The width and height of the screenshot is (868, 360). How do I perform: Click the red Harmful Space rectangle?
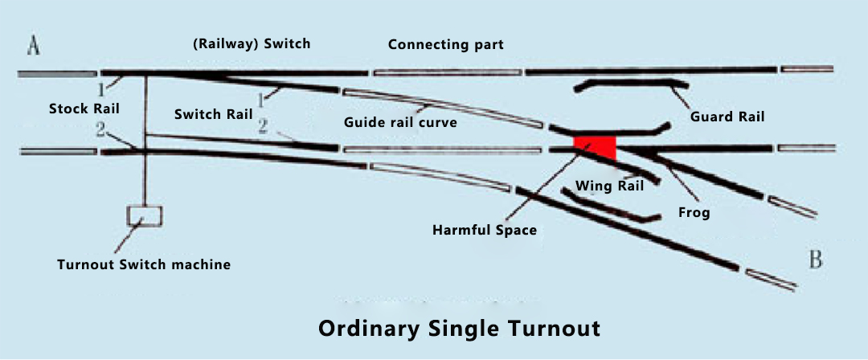tap(595, 147)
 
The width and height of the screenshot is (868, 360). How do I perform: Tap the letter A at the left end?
tap(34, 47)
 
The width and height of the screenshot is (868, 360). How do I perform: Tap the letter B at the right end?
tap(816, 260)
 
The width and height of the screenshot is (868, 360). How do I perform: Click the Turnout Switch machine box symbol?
tap(145, 216)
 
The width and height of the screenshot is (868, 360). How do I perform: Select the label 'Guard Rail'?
tap(727, 117)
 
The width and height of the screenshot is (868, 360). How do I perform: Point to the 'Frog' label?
tap(694, 213)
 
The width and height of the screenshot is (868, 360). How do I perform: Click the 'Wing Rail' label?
tap(609, 186)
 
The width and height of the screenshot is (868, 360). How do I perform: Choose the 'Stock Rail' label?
tap(84, 108)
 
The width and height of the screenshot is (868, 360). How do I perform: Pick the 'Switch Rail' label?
tap(214, 115)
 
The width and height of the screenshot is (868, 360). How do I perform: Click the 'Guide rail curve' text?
tap(401, 122)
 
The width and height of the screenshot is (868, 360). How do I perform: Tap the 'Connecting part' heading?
tap(445, 44)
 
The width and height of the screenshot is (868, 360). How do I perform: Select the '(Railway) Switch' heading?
tap(252, 43)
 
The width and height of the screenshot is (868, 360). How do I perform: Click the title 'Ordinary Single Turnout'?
tap(459, 329)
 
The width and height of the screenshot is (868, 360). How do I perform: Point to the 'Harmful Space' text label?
tap(485, 229)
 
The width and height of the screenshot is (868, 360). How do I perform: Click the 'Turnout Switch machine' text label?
tap(144, 264)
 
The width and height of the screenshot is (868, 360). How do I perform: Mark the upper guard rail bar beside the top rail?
tap(632, 84)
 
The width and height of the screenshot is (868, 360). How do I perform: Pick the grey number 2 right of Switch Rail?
tap(264, 127)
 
